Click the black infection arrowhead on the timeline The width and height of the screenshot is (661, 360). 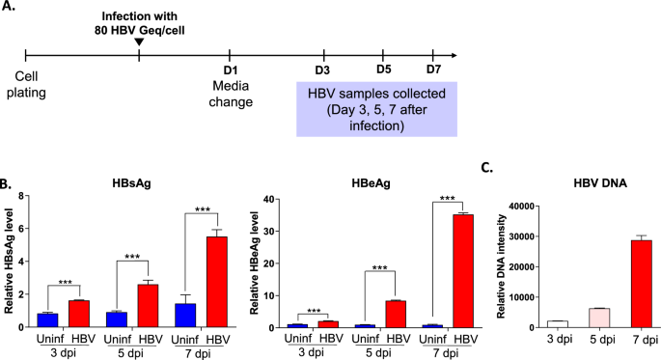pos(140,41)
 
